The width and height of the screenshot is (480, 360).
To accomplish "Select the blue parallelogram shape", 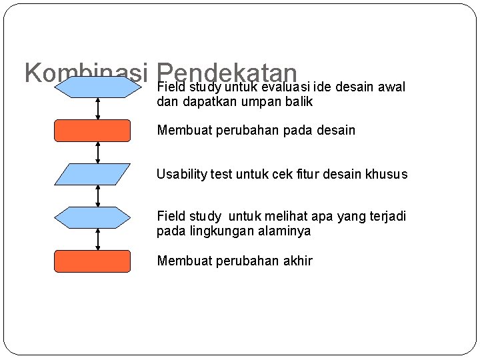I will pos(92,174).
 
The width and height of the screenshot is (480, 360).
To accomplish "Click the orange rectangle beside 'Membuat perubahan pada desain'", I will pos(92,131).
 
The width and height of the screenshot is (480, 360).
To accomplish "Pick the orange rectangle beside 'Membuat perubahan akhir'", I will pos(92,261).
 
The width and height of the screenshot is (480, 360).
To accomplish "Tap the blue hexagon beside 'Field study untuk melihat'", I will pos(92,217).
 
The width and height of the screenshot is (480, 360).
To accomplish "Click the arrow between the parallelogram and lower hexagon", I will pos(99,196).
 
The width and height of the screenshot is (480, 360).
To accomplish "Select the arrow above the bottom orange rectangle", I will pos(99,239).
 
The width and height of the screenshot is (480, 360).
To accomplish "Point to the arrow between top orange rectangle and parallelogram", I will pos(99,153).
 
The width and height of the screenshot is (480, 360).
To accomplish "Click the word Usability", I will pos(180,175).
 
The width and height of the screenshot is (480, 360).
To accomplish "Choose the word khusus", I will pos(387,175).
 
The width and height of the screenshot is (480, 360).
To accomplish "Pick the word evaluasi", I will pos(285,87).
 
